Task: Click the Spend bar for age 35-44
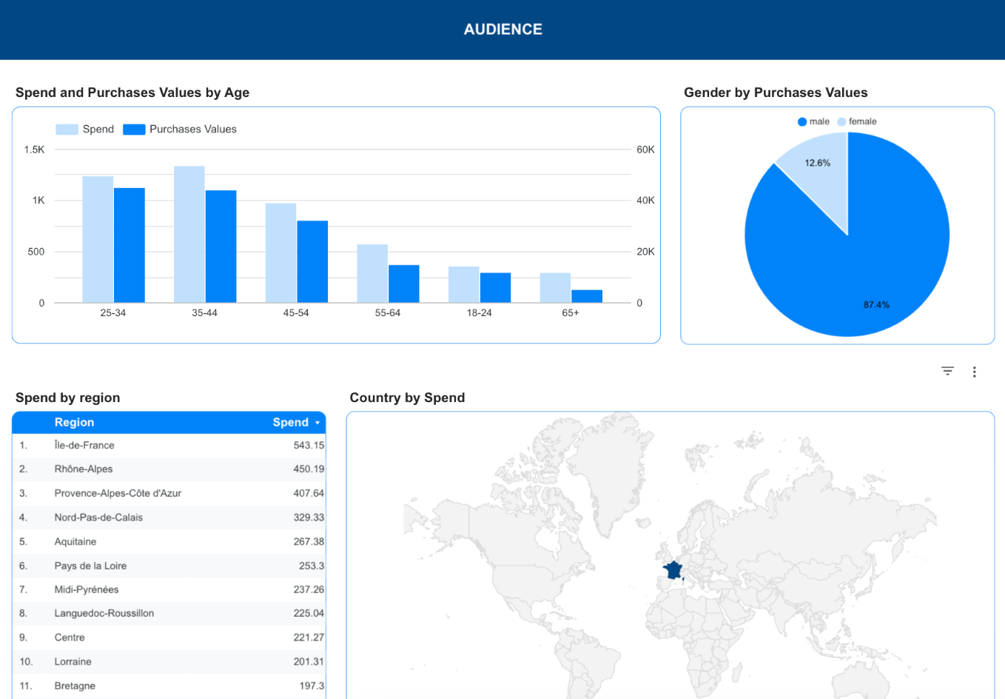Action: pos(189,234)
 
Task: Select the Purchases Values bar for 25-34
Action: pos(130,245)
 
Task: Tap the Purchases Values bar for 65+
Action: pos(587,296)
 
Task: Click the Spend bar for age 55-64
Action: pos(372,273)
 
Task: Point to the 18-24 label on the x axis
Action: pos(479,313)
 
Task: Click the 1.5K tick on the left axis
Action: pos(34,150)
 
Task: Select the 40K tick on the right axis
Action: pos(645,201)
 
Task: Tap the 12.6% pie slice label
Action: pos(817,163)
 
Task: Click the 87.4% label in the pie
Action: pos(876,305)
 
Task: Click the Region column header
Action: pos(74,423)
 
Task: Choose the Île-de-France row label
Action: pos(84,446)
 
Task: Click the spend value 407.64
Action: pos(308,493)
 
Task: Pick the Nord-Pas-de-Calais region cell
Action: pos(98,518)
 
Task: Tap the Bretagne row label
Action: pos(75,686)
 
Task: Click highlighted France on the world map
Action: pos(673,570)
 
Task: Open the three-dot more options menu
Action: pos(974,372)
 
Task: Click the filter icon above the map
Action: pos(947,371)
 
